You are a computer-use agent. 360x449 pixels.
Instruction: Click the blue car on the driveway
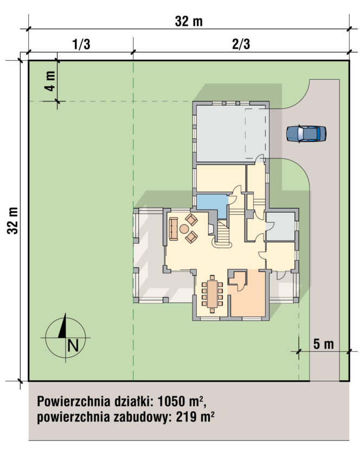(x=306, y=134)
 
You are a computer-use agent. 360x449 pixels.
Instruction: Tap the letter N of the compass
(x=73, y=345)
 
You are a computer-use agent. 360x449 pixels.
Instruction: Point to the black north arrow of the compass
(x=63, y=325)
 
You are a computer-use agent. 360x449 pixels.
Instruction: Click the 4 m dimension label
(x=50, y=81)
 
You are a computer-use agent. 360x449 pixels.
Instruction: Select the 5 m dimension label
(x=323, y=344)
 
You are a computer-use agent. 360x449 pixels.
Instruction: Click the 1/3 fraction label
(x=81, y=44)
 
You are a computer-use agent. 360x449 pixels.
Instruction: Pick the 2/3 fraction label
(x=241, y=44)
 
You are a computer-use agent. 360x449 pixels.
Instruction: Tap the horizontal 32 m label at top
(x=189, y=21)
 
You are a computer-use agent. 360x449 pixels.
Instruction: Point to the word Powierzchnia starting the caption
(x=74, y=402)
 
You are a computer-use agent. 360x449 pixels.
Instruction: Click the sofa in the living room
(x=173, y=228)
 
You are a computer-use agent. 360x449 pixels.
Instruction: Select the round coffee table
(x=184, y=228)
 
